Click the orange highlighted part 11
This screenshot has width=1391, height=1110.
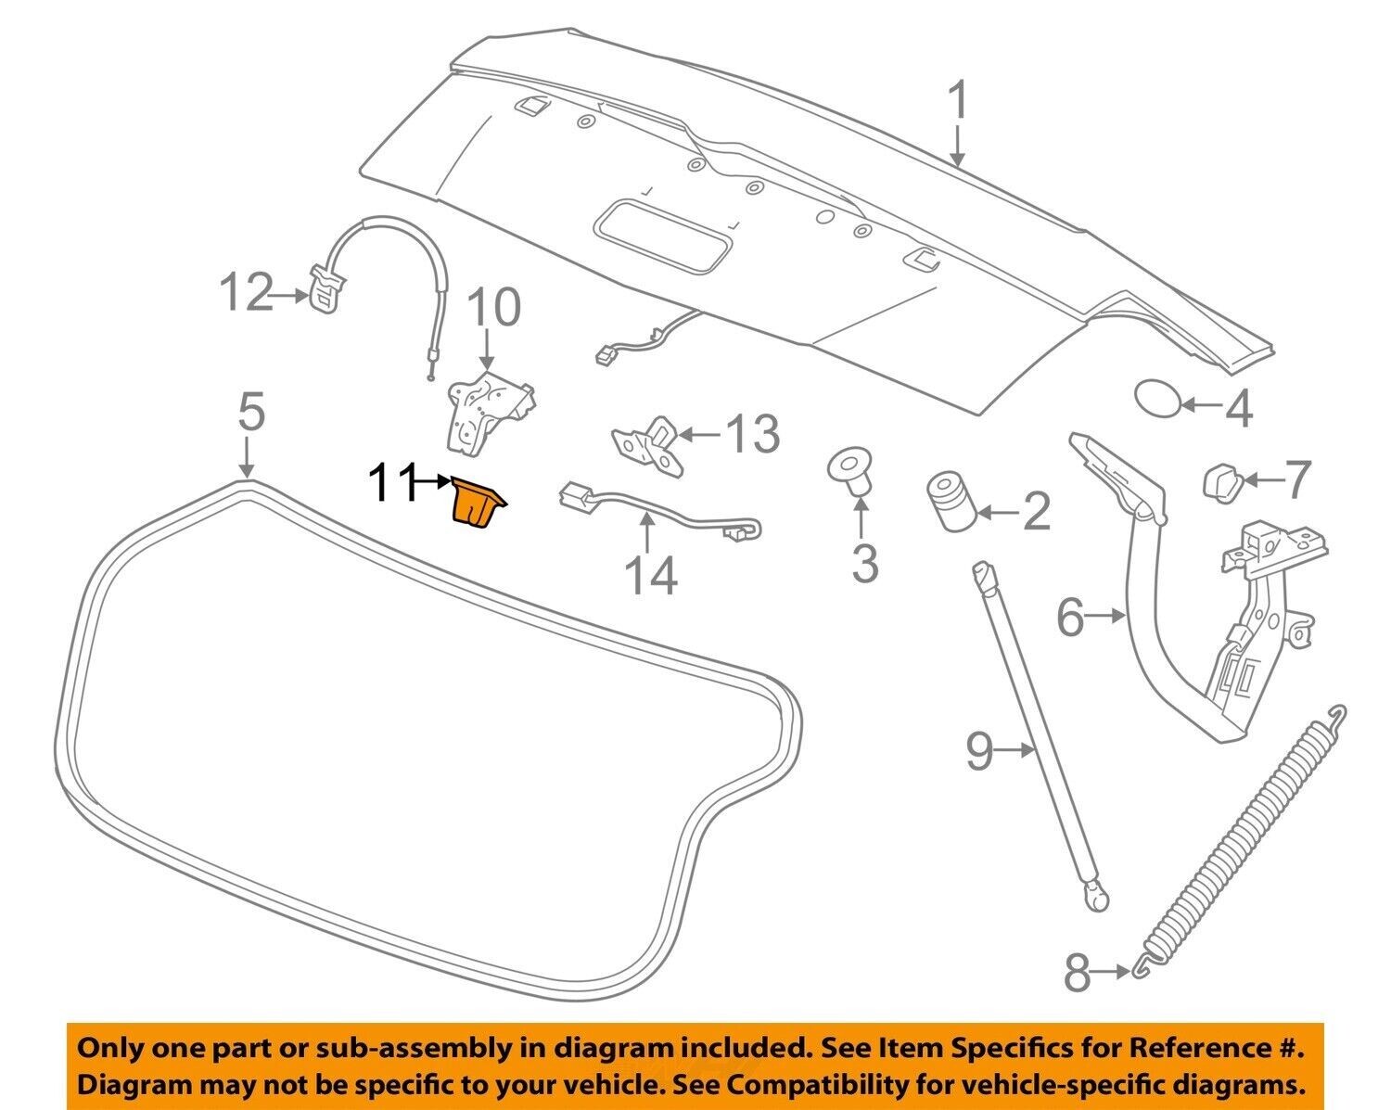pyautogui.click(x=477, y=504)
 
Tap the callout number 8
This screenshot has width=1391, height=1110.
pyautogui.click(x=1077, y=974)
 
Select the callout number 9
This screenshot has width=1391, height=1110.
pyautogui.click(x=980, y=751)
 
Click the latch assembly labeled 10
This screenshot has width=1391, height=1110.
pyautogui.click(x=482, y=408)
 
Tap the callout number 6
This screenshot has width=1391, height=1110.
pyautogui.click(x=1070, y=617)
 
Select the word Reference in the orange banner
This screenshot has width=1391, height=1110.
pyautogui.click(x=1205, y=1049)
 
